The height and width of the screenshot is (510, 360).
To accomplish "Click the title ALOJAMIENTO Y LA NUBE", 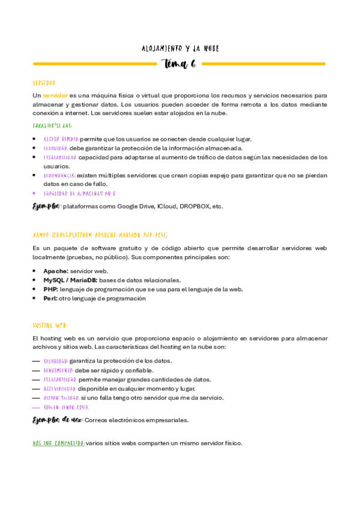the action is (180, 48).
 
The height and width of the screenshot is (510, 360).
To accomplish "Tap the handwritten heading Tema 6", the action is (180, 64).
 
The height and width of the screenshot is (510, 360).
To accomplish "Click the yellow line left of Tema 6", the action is (96, 64).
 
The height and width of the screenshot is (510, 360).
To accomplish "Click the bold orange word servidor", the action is (55, 95).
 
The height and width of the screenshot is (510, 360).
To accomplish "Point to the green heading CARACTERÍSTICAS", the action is (53, 126).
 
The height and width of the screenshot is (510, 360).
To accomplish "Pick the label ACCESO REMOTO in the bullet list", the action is (61, 139).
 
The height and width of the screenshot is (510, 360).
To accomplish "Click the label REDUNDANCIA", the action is (59, 175).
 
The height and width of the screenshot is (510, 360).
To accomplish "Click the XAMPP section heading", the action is (100, 235).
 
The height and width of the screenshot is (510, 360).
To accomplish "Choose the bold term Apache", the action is (55, 271).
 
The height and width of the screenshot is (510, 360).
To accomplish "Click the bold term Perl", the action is (50, 298).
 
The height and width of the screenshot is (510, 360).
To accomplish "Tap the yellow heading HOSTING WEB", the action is (49, 325).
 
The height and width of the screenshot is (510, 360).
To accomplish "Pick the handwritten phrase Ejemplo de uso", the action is (56, 420).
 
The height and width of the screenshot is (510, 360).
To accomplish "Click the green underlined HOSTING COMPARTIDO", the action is (58, 443).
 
